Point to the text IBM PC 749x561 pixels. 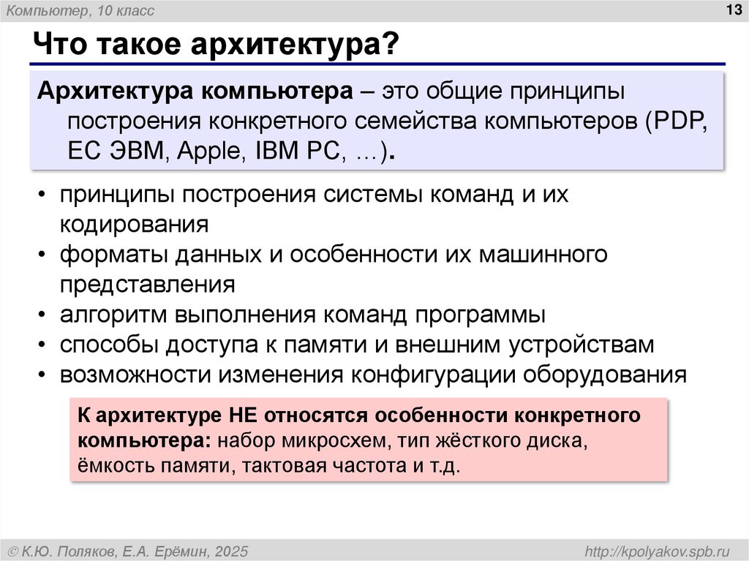(299, 151)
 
